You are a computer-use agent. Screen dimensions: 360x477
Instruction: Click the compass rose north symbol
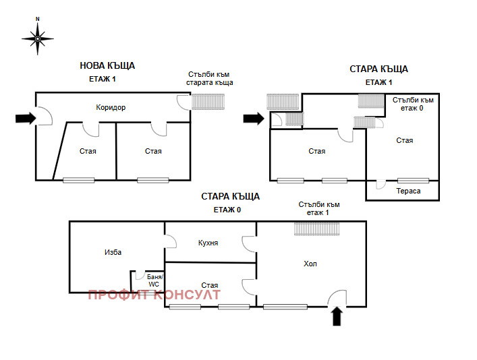(x=38, y=38)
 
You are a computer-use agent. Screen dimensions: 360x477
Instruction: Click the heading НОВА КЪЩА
(x=107, y=65)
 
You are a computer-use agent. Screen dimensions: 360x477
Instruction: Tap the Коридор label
(x=111, y=107)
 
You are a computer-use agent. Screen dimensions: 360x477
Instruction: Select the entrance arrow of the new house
(x=26, y=119)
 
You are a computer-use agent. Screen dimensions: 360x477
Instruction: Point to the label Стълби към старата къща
(x=210, y=78)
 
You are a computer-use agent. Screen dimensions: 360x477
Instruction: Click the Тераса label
(x=408, y=191)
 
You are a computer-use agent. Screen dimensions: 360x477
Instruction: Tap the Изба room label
(x=113, y=252)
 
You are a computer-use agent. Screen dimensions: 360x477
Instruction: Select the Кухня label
(x=208, y=243)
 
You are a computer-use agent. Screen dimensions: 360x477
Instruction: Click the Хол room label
(x=310, y=264)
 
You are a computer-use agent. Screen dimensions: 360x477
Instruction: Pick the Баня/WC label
(x=154, y=280)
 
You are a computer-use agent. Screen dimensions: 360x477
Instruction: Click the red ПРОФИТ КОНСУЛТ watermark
(x=154, y=295)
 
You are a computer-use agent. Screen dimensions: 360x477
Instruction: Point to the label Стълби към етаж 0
(x=412, y=104)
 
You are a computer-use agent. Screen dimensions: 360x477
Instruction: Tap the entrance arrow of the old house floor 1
(x=254, y=119)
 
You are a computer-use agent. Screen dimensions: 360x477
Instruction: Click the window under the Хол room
(x=286, y=307)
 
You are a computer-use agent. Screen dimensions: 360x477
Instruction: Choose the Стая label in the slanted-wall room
(x=87, y=151)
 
